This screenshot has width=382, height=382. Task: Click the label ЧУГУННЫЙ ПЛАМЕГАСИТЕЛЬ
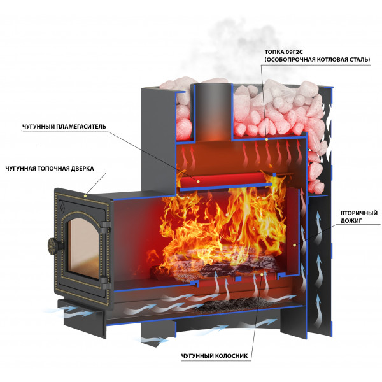64,127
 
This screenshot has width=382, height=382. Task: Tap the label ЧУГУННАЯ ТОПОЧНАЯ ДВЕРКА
50,169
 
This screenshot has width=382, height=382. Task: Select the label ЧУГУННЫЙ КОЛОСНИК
215,356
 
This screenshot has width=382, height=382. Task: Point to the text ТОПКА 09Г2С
283,52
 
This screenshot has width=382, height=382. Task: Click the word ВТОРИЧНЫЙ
359,213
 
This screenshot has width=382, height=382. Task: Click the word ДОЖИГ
351,221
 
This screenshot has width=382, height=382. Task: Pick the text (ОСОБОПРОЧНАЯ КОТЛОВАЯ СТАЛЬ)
317,60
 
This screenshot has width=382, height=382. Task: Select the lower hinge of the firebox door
106,282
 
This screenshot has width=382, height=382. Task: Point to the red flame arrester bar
223,180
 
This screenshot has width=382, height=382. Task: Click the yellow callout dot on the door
85,195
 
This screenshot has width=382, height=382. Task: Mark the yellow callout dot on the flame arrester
198,181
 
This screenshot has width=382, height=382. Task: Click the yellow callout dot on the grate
262,274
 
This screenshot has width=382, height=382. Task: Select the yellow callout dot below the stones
267,139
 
